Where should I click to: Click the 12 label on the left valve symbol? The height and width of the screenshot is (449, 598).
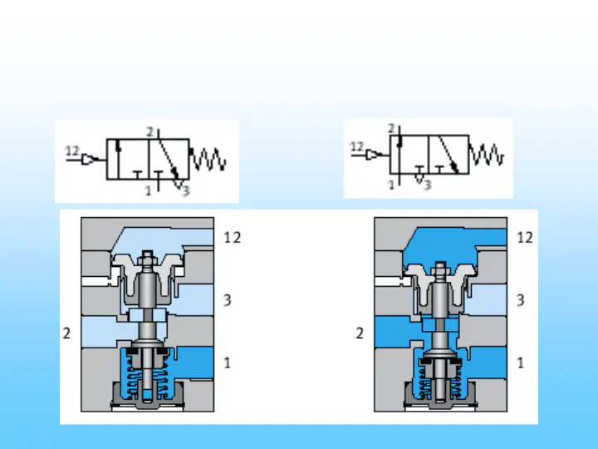click(x=72, y=151)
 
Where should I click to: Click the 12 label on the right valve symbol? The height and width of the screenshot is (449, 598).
click(x=357, y=146)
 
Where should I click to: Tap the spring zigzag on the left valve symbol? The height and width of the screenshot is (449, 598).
click(x=208, y=159)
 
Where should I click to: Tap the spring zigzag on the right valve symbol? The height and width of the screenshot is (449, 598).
click(x=487, y=155)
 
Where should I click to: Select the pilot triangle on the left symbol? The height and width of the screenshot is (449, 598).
click(x=89, y=159)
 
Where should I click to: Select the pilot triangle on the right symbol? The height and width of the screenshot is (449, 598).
click(x=372, y=155)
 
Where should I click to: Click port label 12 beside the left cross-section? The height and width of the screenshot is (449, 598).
click(x=233, y=238)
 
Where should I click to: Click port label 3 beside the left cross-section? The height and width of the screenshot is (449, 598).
click(x=228, y=300)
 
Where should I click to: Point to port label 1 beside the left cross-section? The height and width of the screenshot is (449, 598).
click(x=228, y=363)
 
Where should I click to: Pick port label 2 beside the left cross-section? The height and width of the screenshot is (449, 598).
click(x=66, y=333)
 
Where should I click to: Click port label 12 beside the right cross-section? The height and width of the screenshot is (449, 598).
click(x=525, y=238)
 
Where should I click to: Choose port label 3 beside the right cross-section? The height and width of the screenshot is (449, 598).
click(x=520, y=300)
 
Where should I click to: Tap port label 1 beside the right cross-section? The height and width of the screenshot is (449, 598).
click(x=520, y=363)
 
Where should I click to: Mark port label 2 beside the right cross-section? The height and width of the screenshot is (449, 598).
click(x=360, y=333)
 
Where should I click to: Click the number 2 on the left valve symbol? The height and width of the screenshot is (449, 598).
click(x=149, y=132)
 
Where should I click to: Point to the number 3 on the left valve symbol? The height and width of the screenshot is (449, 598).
click(x=186, y=190)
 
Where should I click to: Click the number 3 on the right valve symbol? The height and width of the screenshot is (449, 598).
click(x=427, y=185)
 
